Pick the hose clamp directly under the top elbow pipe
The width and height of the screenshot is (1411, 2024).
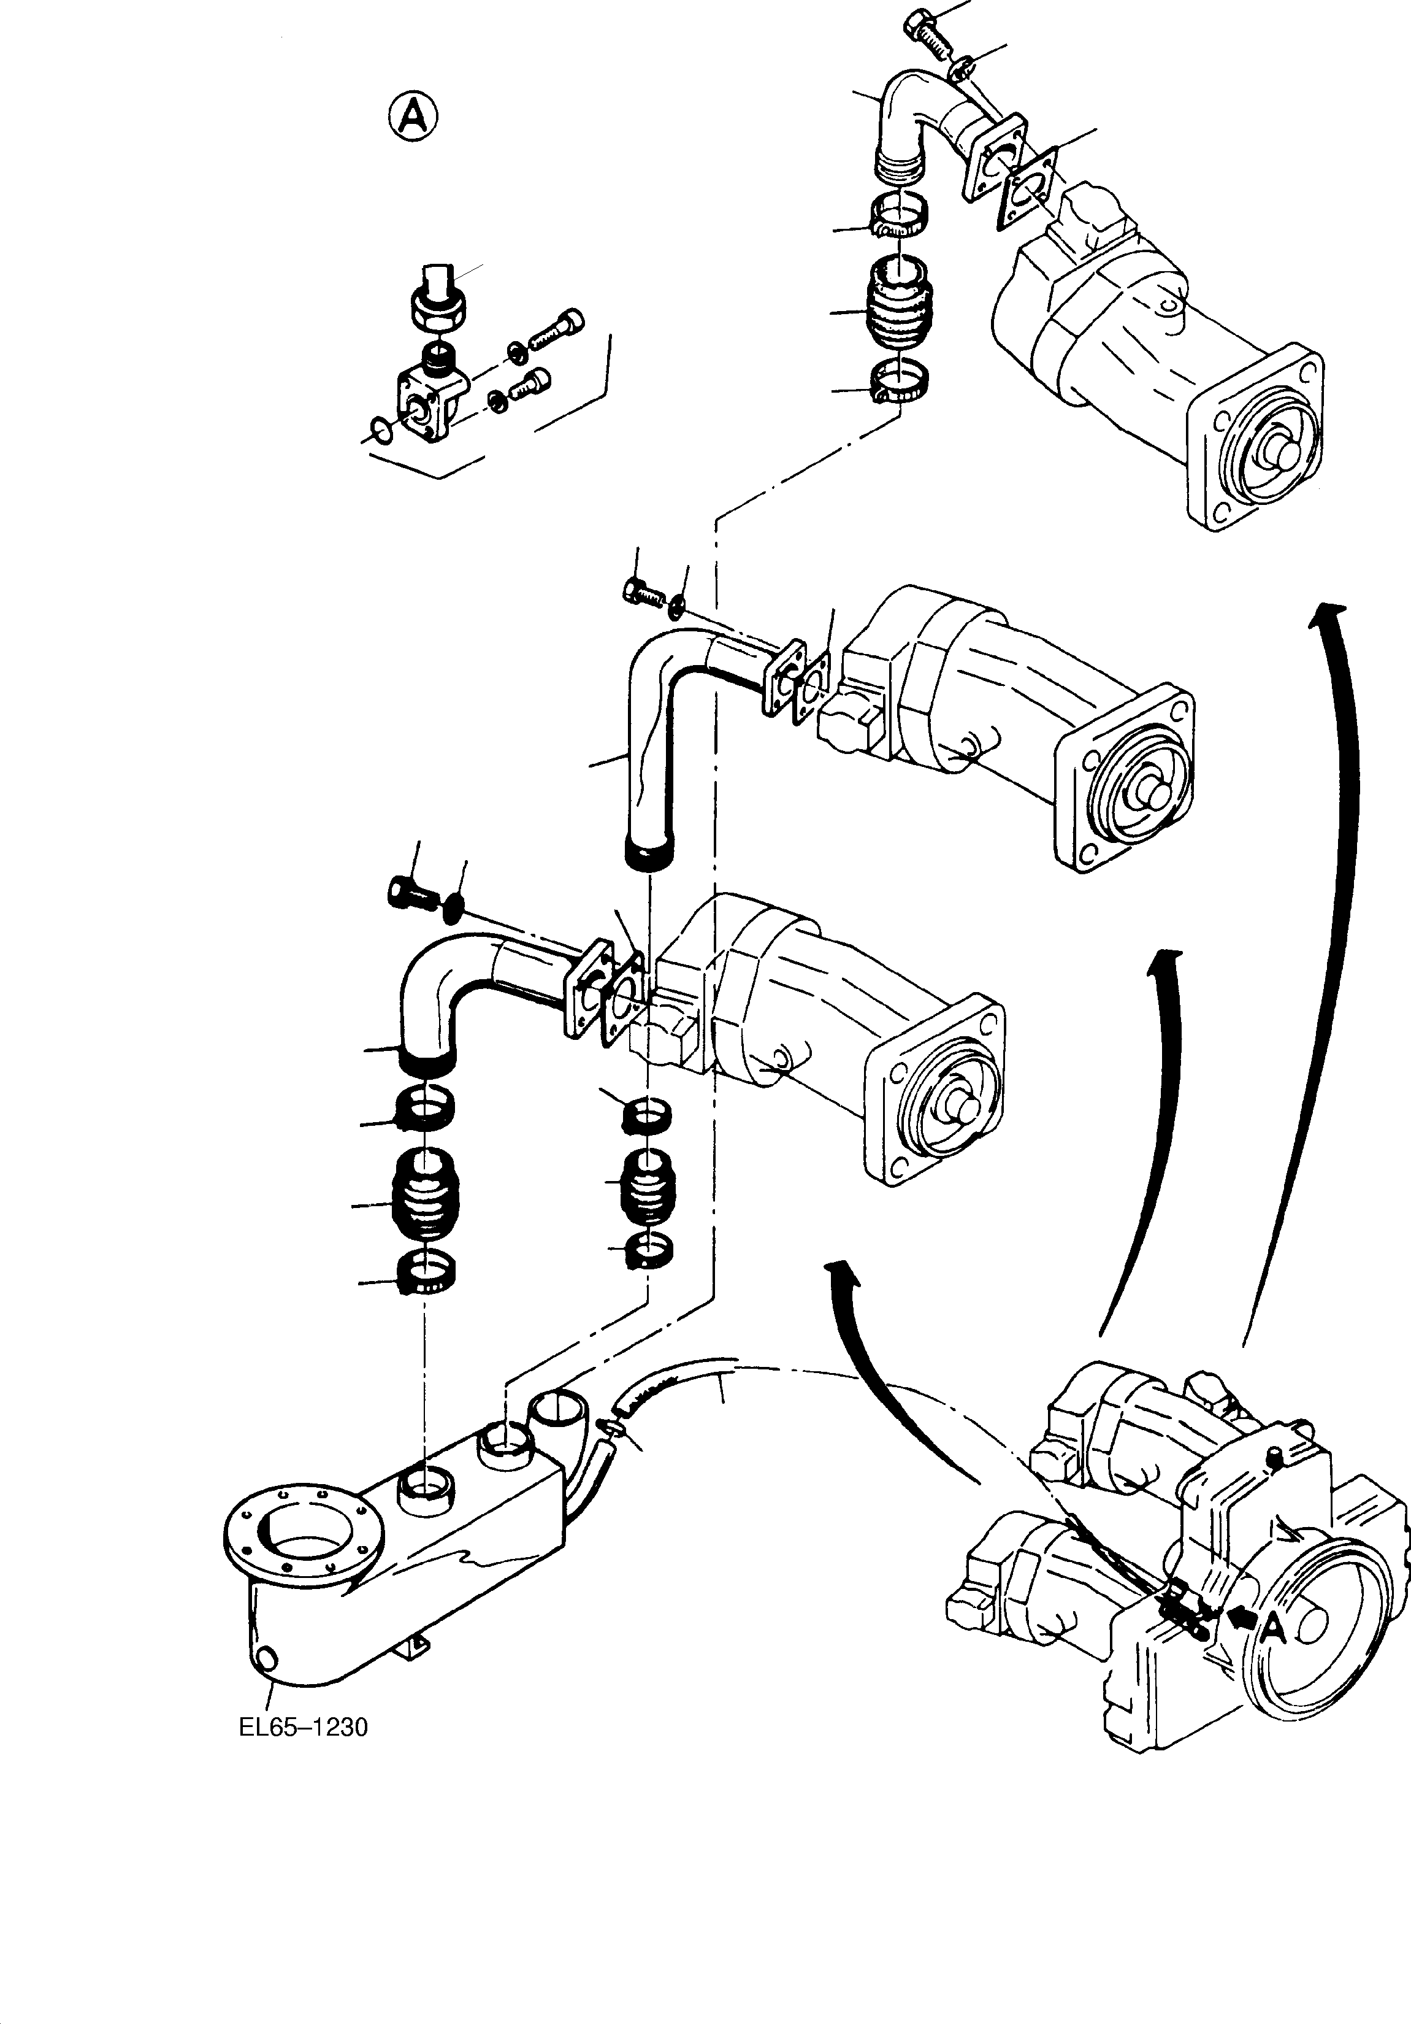898,218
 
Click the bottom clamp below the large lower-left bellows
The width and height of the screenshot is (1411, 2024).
427,1274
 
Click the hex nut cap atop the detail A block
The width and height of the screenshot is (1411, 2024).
438,302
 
